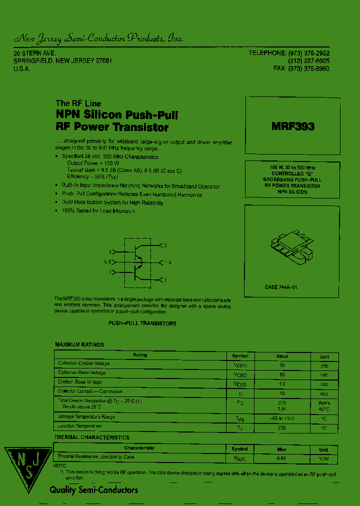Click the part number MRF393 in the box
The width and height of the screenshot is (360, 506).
click(293, 126)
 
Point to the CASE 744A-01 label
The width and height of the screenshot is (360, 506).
click(281, 287)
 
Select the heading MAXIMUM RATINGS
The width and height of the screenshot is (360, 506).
click(79, 345)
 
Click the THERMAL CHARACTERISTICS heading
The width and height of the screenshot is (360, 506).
click(92, 437)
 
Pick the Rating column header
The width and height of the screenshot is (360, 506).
click(140, 355)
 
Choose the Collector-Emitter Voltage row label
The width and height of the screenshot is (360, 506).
click(83, 363)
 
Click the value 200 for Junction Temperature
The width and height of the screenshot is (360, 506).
click(282, 428)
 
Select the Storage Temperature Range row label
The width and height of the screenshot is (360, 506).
click(86, 416)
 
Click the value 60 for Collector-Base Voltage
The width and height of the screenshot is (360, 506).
click(282, 374)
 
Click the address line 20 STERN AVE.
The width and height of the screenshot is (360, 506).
click(34, 53)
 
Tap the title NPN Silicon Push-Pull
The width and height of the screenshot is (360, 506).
click(117, 115)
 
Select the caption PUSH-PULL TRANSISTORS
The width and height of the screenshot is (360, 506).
click(142, 323)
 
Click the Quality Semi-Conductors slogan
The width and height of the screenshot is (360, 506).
click(93, 490)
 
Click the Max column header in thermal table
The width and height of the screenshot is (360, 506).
click(282, 449)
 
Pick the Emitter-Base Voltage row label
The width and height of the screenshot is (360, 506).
click(80, 382)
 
